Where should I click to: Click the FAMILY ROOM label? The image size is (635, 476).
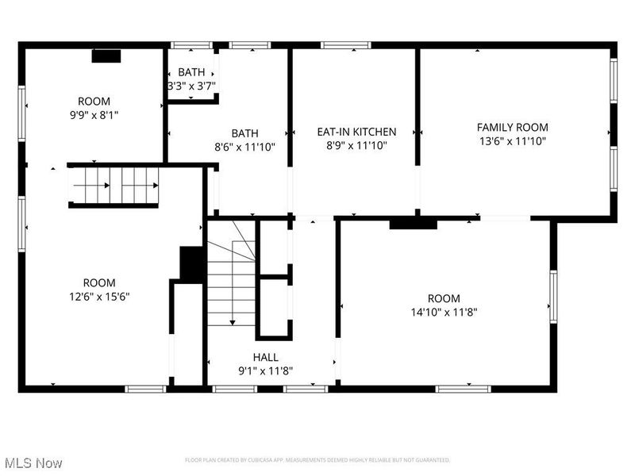pyautogui.click(x=512, y=127)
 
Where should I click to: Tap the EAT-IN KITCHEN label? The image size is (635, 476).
pyautogui.click(x=356, y=132)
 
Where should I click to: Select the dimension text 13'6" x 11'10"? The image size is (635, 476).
pyautogui.click(x=512, y=141)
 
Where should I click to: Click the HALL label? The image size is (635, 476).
pyautogui.click(x=266, y=357)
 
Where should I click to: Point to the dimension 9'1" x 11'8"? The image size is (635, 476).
pyautogui.click(x=266, y=370)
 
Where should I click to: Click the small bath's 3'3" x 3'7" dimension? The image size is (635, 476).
pyautogui.click(x=191, y=86)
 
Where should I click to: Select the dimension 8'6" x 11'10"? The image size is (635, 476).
pyautogui.click(x=244, y=146)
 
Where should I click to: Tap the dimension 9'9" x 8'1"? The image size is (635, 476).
pyautogui.click(x=94, y=114)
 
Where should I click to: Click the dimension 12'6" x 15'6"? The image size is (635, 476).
pyautogui.click(x=99, y=296)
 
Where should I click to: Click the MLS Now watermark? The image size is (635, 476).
pyautogui.click(x=33, y=462)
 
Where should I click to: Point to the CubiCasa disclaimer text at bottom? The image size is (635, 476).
pyautogui.click(x=317, y=460)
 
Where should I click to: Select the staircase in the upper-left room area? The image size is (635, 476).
pyautogui.click(x=115, y=186)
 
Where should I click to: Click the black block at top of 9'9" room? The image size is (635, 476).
pyautogui.click(x=106, y=56)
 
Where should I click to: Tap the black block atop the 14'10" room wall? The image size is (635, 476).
pyautogui.click(x=413, y=225)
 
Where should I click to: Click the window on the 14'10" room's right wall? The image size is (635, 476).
pyautogui.click(x=553, y=296)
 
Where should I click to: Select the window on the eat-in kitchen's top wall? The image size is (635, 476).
pyautogui.click(x=346, y=45)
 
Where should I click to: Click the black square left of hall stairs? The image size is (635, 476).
pyautogui.click(x=191, y=264)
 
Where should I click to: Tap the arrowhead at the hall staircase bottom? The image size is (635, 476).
pyautogui.click(x=233, y=322)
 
